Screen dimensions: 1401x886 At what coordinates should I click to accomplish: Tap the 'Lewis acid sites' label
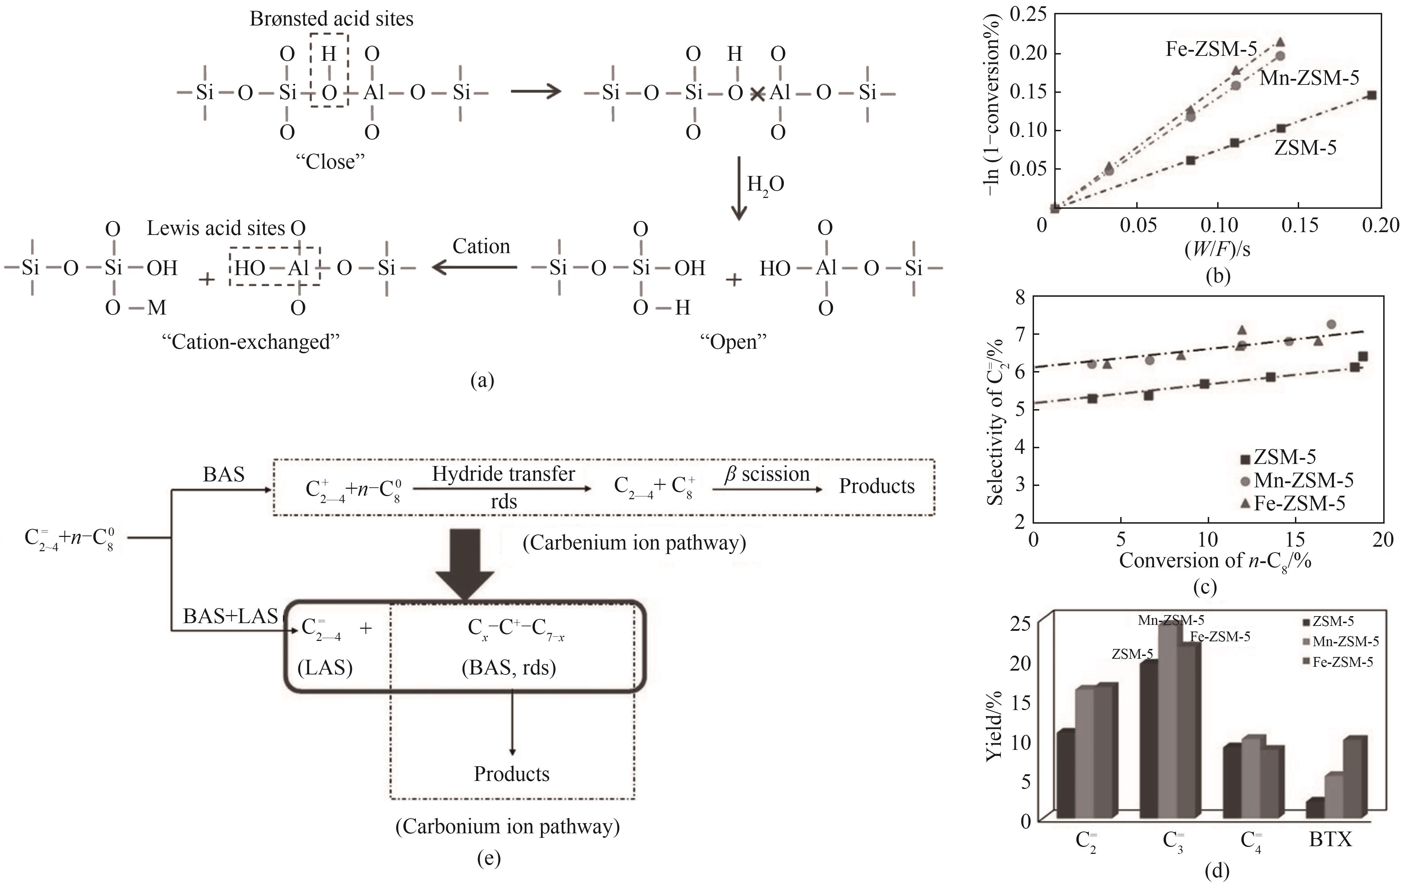(x=216, y=228)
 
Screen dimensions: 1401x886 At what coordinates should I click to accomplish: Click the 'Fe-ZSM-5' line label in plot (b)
(x=1211, y=49)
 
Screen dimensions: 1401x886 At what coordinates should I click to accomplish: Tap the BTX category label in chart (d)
(x=1331, y=840)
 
